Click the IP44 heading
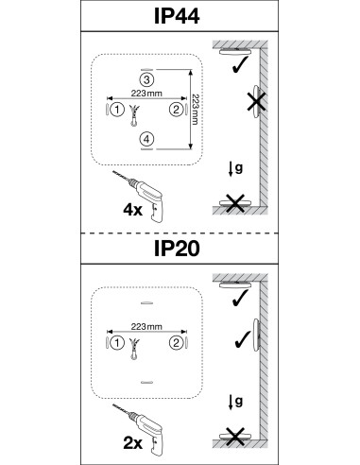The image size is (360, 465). coord(177,16)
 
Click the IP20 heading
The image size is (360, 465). coord(177,249)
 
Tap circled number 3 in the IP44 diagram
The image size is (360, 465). coord(146,79)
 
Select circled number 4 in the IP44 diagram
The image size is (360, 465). coord(147,139)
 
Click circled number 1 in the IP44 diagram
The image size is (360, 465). coord(117,110)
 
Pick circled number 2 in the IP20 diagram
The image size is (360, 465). coord(176,342)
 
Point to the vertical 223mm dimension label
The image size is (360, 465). coord(196,110)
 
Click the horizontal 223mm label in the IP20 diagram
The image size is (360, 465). coord(146,327)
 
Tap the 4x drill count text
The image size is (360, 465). coord(132,210)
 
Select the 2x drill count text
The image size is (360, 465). coord(132,443)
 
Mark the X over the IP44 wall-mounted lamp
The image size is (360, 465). coord(256,102)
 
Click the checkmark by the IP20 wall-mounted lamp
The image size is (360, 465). coord(243,339)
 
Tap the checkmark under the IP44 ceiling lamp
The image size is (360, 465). coord(240,65)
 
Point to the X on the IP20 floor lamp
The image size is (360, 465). coord(235,437)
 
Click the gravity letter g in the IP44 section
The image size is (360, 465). coord(239,168)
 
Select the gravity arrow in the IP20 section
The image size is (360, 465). coord(231,403)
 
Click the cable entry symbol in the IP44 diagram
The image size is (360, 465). coord(134,115)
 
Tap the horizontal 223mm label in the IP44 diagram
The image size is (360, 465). coord(146,94)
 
